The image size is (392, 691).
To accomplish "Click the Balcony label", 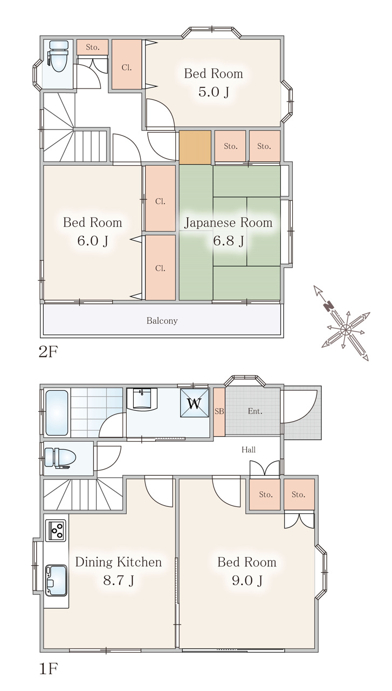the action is pyautogui.click(x=162, y=321).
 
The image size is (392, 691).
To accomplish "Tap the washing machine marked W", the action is pyautogui.click(x=195, y=403).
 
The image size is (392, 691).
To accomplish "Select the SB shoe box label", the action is pyautogui.click(x=219, y=411).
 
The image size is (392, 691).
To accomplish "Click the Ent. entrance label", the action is pyautogui.click(x=255, y=411).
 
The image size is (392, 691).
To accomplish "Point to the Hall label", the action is pyautogui.click(x=249, y=450).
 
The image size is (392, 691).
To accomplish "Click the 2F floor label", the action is pyautogui.click(x=48, y=351).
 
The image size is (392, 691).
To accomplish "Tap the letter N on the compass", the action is pyautogui.click(x=329, y=306).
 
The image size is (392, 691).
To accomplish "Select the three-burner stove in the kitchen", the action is pyautogui.click(x=56, y=530).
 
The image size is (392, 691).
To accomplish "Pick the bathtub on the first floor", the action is pyautogui.click(x=57, y=413).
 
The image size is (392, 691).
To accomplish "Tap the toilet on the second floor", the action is pyautogui.click(x=57, y=56).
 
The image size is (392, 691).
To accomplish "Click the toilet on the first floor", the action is pyautogui.click(x=60, y=458).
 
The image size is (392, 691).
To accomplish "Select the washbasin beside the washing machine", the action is pyautogui.click(x=142, y=399).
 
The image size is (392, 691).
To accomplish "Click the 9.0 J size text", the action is pyautogui.click(x=247, y=580).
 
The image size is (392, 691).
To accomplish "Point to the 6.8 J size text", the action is pyautogui.click(x=229, y=241).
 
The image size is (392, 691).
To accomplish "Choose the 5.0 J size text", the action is pyautogui.click(x=214, y=92).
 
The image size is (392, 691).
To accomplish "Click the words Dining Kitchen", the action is pyautogui.click(x=118, y=562).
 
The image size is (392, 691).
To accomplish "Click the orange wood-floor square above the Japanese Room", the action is pyautogui.click(x=195, y=147).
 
